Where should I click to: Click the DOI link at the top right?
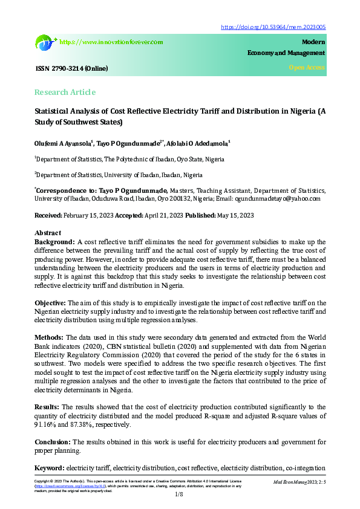pos(273,27)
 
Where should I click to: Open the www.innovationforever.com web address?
pos(112,42)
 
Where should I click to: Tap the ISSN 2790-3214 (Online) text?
pos(71,68)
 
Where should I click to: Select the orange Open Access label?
pos(307,68)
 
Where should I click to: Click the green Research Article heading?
pos(65,92)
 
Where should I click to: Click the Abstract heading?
pos(48,233)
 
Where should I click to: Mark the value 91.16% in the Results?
pos(45,425)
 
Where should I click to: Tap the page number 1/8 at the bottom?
pos(180,495)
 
